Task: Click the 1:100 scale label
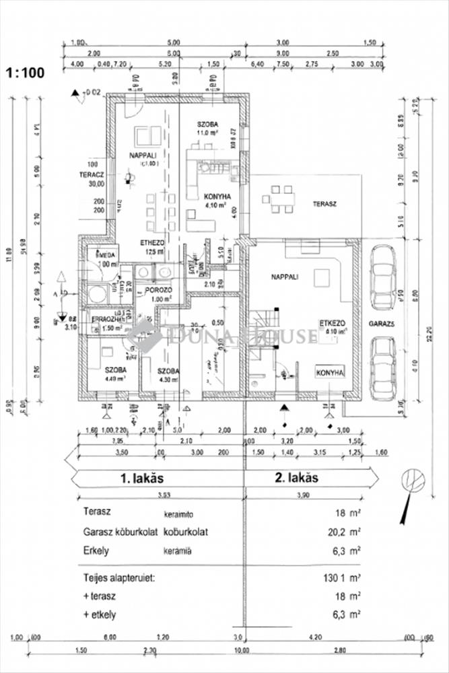point(26,72)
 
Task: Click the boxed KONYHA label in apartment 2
point(330,372)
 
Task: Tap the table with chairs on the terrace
point(279,197)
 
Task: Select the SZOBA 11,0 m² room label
point(209,129)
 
